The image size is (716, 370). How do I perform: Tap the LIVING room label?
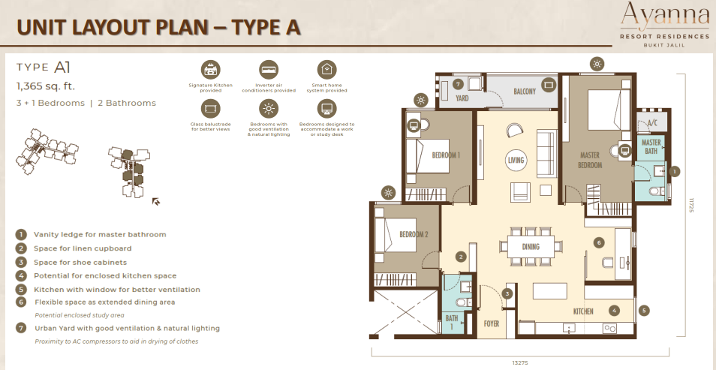(x=516, y=159)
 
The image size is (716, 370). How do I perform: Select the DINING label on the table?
(x=531, y=246)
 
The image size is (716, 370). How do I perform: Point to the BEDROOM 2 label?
(x=414, y=233)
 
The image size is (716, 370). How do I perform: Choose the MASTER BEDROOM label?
(x=591, y=161)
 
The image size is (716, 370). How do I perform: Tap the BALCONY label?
(x=525, y=92)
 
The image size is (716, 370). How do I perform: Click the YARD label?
(x=462, y=98)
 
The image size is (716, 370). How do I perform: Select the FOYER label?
(x=492, y=324)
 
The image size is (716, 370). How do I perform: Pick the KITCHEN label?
(x=583, y=311)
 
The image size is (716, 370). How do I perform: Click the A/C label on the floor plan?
(x=651, y=123)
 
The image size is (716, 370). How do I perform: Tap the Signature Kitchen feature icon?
(x=211, y=70)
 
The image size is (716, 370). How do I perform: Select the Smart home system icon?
(x=326, y=70)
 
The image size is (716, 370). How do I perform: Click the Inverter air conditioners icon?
(x=269, y=70)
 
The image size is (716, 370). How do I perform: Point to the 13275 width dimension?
(x=520, y=362)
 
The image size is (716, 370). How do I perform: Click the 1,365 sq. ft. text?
(x=46, y=86)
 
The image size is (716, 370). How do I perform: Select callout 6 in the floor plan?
(x=598, y=242)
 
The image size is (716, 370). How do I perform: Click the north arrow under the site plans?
(x=155, y=201)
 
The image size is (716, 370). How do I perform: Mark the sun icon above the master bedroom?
(x=596, y=63)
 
